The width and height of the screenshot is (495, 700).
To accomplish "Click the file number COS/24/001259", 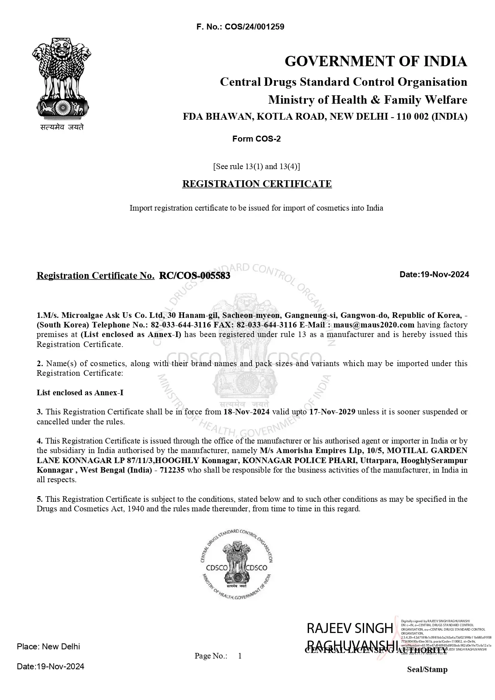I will click(x=254, y=27).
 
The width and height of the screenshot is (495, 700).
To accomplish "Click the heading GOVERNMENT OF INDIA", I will click(x=376, y=61).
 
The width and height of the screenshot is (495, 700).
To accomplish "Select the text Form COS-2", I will click(x=256, y=139).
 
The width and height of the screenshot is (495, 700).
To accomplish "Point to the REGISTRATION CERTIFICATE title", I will click(x=257, y=184).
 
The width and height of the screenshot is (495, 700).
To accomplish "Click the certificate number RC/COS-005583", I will click(x=194, y=276).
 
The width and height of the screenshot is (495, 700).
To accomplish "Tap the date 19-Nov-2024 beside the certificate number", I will click(x=445, y=274).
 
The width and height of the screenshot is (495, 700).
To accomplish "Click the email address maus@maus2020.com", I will click(x=374, y=325).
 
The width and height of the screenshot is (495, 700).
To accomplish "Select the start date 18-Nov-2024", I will click(x=246, y=412).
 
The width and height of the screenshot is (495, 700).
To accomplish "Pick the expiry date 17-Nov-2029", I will click(x=332, y=412).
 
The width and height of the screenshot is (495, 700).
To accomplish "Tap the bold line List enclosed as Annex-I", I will click(x=80, y=392).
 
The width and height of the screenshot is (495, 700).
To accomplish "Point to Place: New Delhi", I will click(x=48, y=647).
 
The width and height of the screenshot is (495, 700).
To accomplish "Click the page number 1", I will click(x=240, y=656).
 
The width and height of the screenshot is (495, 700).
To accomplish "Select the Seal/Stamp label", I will click(x=427, y=670).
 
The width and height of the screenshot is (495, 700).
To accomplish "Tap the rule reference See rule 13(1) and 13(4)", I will click(x=257, y=166).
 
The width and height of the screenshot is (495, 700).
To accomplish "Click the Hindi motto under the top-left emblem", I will click(x=62, y=128).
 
